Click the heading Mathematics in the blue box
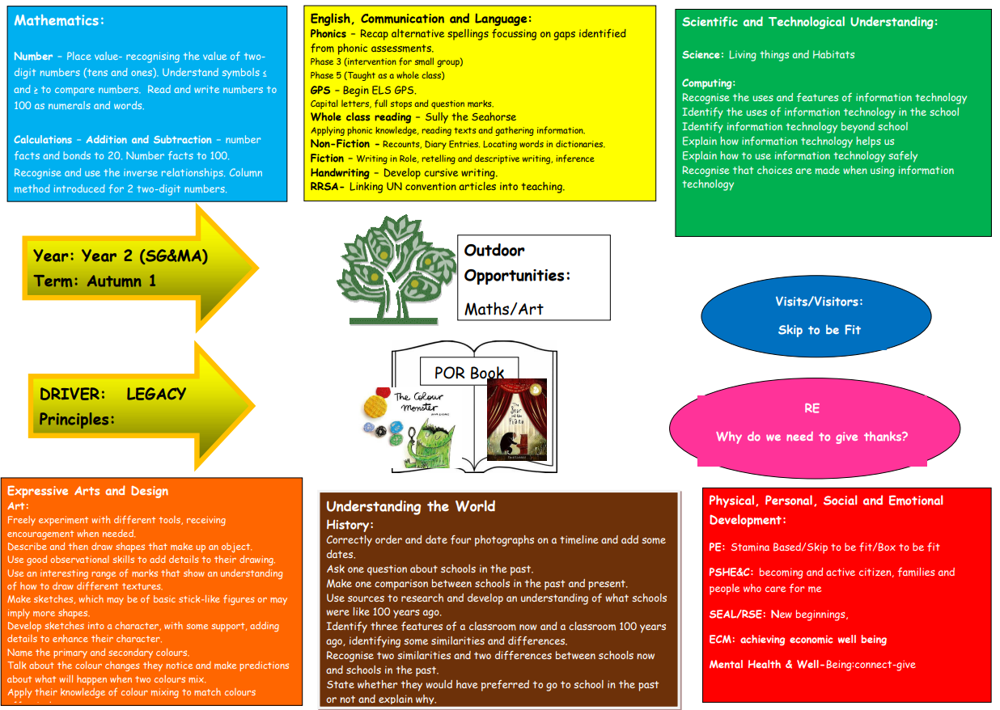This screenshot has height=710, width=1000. pyautogui.click(x=59, y=21)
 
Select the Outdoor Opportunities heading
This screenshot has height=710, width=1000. pyautogui.click(x=517, y=263)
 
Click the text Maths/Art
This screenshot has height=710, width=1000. pyautogui.click(x=503, y=309)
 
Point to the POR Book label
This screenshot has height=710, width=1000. pyautogui.click(x=468, y=373)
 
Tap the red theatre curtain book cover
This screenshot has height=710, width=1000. pyautogui.click(x=516, y=421)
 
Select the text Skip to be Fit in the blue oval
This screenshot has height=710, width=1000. pyautogui.click(x=819, y=330)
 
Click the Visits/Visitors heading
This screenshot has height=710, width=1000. pyautogui.click(x=819, y=302)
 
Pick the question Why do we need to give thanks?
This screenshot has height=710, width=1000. pyautogui.click(x=811, y=437)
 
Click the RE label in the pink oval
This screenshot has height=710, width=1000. pyautogui.click(x=811, y=408)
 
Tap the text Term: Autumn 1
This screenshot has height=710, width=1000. pyautogui.click(x=95, y=281)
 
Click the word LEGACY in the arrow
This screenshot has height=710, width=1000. pyautogui.click(x=156, y=395)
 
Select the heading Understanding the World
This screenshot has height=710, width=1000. pyautogui.click(x=410, y=507)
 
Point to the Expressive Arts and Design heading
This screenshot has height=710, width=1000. pyautogui.click(x=87, y=491)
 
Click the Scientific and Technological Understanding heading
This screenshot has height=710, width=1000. pyautogui.click(x=810, y=23)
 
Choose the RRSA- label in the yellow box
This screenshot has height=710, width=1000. pyautogui.click(x=328, y=187)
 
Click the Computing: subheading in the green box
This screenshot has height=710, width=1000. pyautogui.click(x=709, y=83)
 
